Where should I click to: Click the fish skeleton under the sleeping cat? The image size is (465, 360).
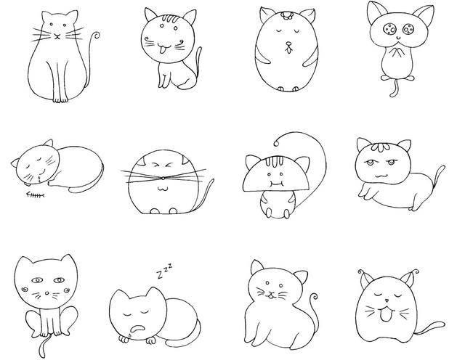36,195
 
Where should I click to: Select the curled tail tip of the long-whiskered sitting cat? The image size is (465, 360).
96,36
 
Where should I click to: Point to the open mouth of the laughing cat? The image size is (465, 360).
385,315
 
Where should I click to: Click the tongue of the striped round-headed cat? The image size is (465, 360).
161,52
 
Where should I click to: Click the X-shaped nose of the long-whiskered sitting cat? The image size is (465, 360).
57,36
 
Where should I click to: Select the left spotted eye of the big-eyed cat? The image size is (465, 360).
389,29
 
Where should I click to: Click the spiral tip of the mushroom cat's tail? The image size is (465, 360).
276,144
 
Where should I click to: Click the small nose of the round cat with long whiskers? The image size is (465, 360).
163,178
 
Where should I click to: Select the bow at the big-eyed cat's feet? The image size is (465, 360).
397,78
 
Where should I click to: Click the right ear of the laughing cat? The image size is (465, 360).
410,277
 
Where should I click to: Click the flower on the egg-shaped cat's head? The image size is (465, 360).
286,15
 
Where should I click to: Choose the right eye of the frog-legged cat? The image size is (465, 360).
59,280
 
